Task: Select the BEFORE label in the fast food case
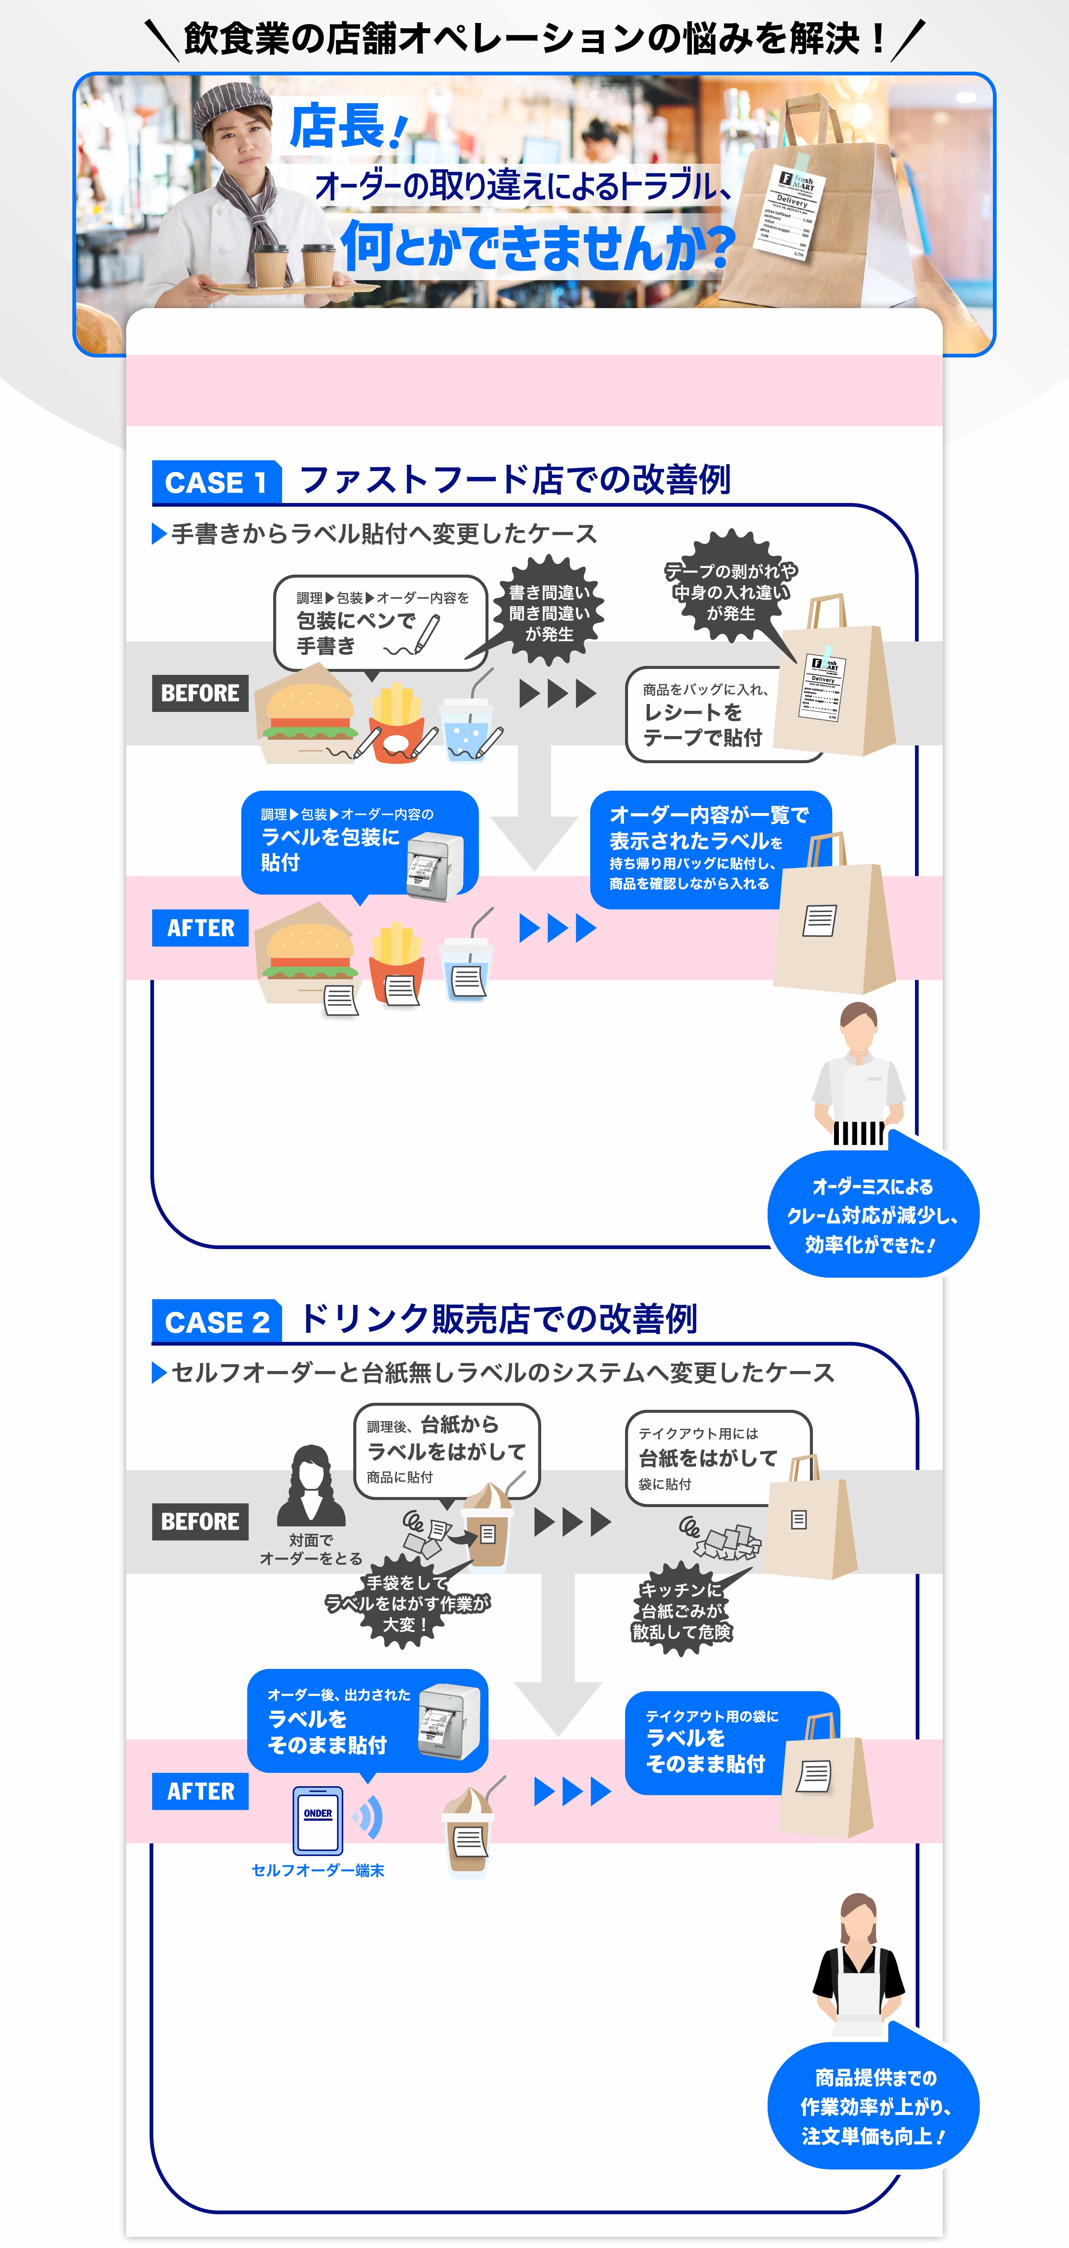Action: click(200, 693)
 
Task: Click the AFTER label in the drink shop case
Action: click(200, 1791)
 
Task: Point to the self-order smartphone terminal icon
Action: click(318, 1820)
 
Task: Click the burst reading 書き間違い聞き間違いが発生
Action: click(549, 612)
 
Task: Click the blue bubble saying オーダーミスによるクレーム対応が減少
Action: click(873, 1215)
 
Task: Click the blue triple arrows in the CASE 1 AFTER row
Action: click(558, 928)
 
